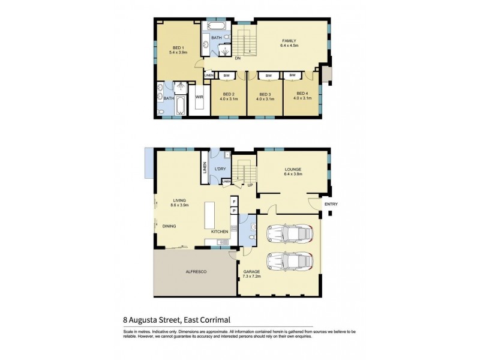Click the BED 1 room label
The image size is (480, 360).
178,48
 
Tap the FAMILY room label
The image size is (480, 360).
290,41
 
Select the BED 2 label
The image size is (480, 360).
229,95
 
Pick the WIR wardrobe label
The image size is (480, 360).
199,97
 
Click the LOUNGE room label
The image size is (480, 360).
293,170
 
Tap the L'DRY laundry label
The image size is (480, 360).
220,170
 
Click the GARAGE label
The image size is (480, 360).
251,272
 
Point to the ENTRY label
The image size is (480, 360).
331,205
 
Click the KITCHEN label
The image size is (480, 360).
219,231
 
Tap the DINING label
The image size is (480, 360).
170,226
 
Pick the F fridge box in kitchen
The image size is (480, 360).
234,202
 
